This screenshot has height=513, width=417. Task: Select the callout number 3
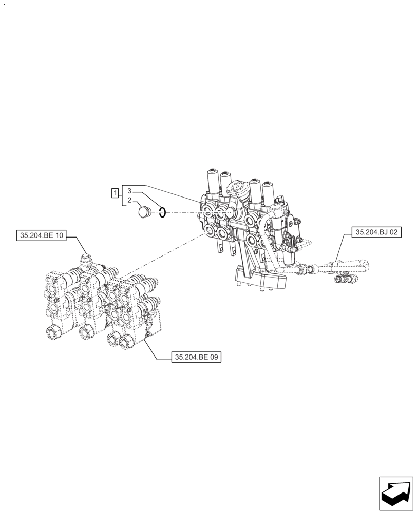[x=130, y=190]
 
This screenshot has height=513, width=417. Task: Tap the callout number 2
[x=130, y=200]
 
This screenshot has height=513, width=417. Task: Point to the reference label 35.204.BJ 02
[x=376, y=232]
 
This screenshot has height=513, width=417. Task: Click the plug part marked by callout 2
[x=144, y=211]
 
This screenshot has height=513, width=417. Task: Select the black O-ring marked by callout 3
[x=162, y=212]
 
